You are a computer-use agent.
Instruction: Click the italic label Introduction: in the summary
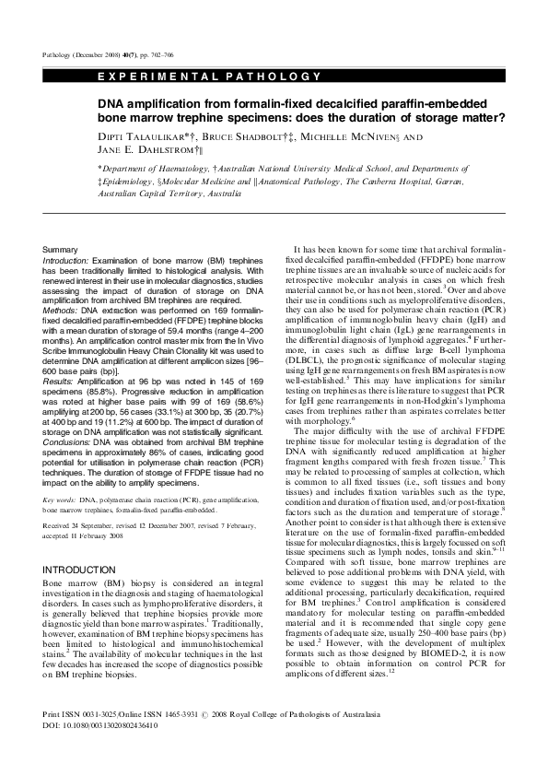tap(69, 263)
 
